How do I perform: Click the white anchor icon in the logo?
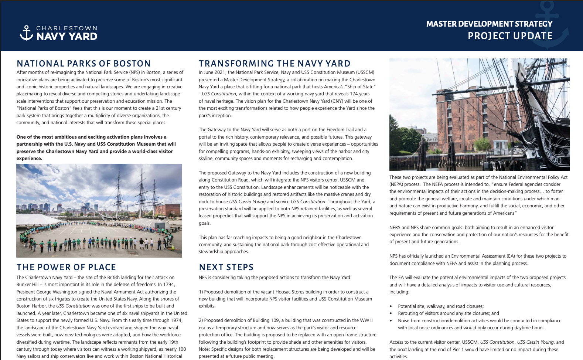[x=26, y=33]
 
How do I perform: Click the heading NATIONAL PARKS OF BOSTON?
[x=84, y=64]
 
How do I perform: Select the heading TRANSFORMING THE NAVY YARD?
[x=275, y=64]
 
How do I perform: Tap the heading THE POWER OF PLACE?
[x=67, y=267]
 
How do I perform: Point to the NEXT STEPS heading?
[x=226, y=267]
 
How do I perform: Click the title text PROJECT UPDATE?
[x=510, y=36]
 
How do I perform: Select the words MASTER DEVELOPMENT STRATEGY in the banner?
[x=489, y=24]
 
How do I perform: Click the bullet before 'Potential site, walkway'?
[x=391, y=306]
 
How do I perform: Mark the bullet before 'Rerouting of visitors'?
[x=391, y=313]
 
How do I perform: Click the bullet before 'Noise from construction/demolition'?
[x=391, y=321]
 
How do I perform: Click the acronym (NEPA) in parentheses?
[x=397, y=184]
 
